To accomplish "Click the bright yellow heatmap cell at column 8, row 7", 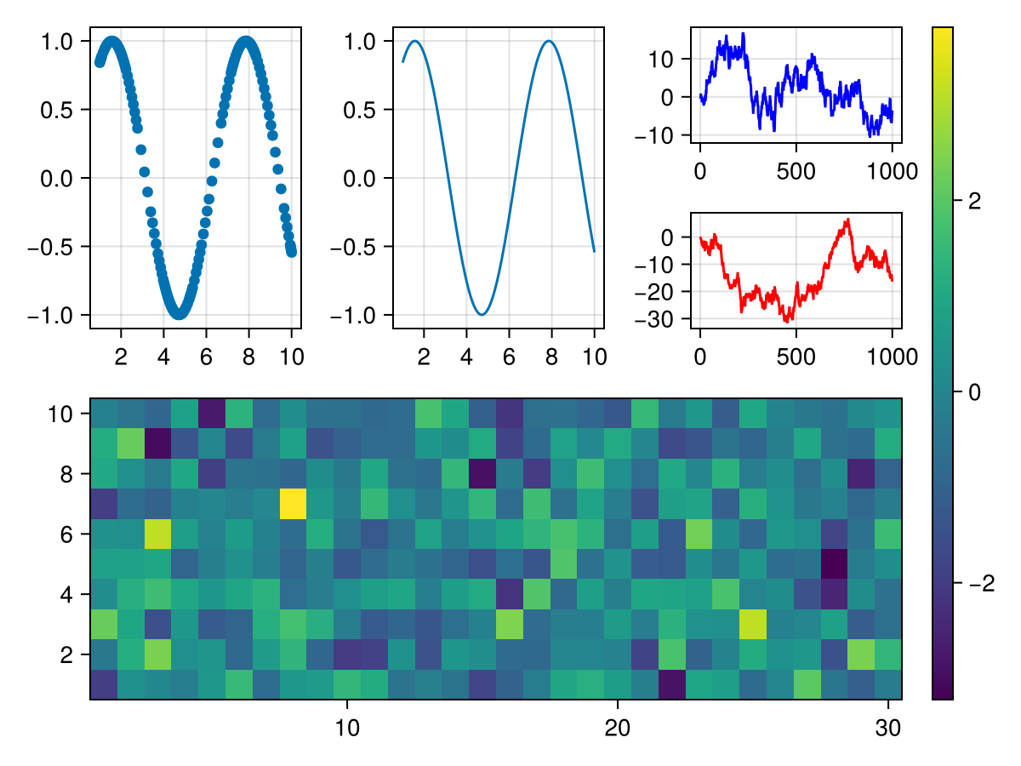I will coord(293,503).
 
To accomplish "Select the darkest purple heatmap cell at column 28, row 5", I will coord(835,563).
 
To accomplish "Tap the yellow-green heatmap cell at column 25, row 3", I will coord(753,624).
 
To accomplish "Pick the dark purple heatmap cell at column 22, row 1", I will coord(672,684).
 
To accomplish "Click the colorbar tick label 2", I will coord(974,201).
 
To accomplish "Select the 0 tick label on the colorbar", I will coord(974,392).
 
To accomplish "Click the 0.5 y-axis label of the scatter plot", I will coord(60,110).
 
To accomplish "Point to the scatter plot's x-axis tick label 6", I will coord(206,356).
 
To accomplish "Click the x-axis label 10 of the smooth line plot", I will coord(594,356).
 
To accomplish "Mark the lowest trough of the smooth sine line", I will coord(482,315).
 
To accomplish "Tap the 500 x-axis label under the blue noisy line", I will coord(796,171).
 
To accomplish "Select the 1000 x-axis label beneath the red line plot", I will coord(892,357).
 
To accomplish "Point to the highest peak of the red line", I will coord(847,220).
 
